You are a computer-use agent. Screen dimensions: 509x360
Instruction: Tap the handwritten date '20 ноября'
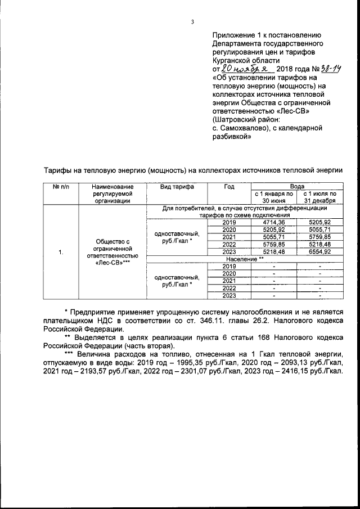click(236, 68)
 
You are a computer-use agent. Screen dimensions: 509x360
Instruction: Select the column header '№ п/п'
click(60, 186)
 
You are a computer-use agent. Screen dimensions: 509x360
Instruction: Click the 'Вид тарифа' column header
click(177, 186)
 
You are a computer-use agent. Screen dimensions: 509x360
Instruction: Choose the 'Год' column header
click(229, 186)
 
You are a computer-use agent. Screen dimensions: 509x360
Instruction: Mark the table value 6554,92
click(319, 252)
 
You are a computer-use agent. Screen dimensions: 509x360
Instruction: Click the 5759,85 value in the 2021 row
click(319, 237)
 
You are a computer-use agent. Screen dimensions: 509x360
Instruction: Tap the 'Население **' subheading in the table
click(245, 259)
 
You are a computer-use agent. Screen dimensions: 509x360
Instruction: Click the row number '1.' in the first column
click(60, 252)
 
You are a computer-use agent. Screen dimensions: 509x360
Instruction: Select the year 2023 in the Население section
click(229, 296)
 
